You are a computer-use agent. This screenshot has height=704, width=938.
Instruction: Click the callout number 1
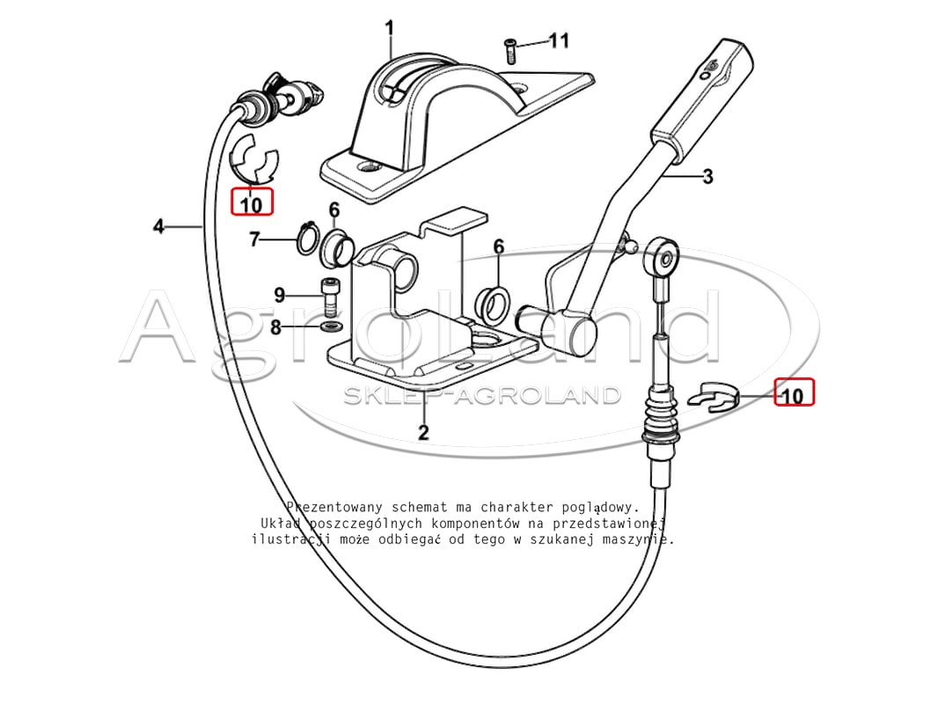coord(390,27)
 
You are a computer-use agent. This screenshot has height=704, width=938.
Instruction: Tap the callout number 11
coord(559,40)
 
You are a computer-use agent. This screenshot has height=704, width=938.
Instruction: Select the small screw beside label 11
coord(509,51)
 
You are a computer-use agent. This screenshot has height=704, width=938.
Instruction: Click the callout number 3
coord(707,177)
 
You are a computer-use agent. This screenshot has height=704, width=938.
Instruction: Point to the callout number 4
coord(158,226)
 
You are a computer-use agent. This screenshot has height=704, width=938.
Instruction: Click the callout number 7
coord(255,240)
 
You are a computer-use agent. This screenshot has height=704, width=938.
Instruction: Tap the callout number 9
coord(280,295)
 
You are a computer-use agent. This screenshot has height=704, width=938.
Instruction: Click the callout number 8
coord(275,327)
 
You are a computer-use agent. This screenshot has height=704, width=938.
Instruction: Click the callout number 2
coord(423,432)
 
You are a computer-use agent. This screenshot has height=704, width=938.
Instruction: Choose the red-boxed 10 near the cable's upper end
coord(252,202)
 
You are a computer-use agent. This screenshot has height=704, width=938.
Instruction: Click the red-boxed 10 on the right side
coord(794,392)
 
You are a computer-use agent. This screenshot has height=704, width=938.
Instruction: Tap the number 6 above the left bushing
coord(333,209)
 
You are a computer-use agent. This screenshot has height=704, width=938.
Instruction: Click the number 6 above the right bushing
coord(498,246)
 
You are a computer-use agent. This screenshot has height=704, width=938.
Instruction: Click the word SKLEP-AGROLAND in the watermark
coord(481,395)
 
